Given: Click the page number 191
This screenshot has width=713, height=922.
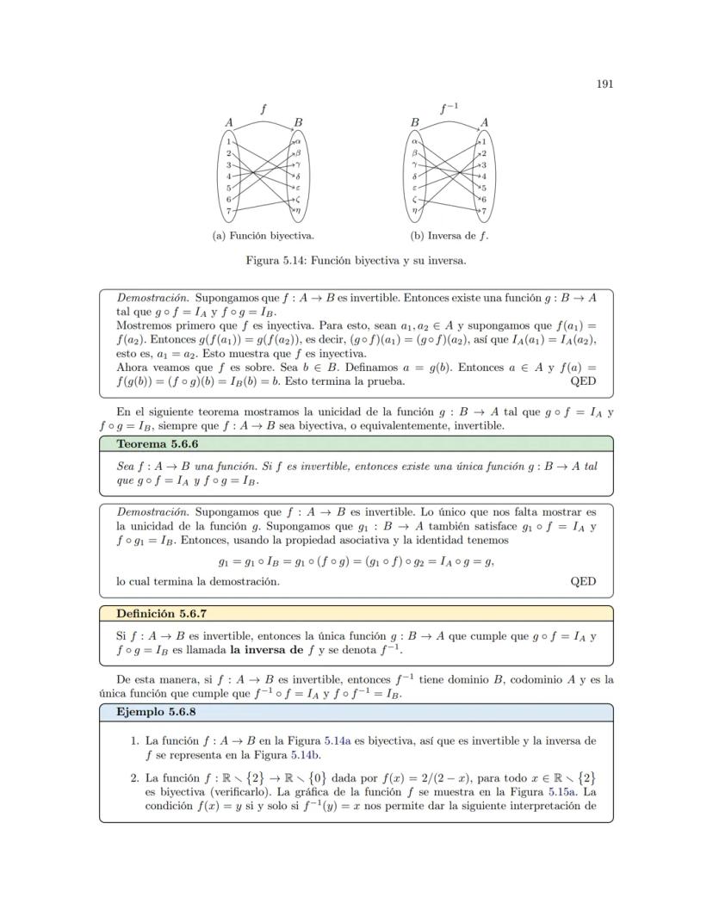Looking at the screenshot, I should pos(604,84).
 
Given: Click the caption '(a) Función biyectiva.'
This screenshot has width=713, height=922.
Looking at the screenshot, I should pos(263,235).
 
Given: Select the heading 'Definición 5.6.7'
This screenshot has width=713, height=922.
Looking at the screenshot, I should pos(161,614).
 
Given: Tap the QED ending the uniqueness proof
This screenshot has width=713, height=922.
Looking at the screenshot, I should pos(583,581).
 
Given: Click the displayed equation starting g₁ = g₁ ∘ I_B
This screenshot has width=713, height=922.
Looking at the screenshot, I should pos(355,561).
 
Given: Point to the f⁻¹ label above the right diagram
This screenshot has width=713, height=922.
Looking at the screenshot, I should pos(449,108).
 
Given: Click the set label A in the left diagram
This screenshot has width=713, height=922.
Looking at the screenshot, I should pos(229,123).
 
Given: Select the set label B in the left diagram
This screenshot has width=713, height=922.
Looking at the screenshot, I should pos(297,123).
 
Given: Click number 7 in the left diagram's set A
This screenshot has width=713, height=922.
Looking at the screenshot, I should pos(228,211).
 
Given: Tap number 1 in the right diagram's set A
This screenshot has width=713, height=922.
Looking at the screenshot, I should pos(485,140).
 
